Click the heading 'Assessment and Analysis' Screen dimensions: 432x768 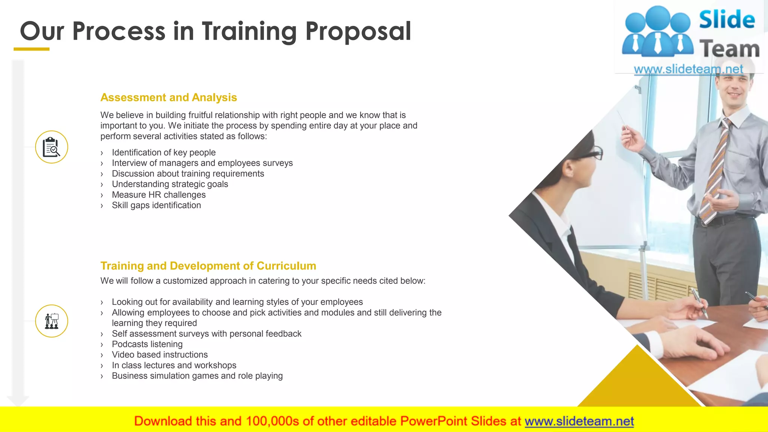[x=168, y=97]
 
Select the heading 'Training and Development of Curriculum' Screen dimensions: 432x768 [x=208, y=266]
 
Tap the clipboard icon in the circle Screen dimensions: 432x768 [x=52, y=147]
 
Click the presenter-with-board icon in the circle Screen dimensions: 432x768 [x=52, y=321]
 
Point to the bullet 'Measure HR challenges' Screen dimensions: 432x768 [x=159, y=195]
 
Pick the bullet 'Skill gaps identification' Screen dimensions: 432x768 [x=156, y=205]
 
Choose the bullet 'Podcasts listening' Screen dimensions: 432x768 [x=147, y=344]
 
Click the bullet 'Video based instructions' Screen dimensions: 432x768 [x=159, y=355]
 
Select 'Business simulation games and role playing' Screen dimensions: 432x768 [x=197, y=376]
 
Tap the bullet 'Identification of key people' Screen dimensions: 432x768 [x=163, y=153]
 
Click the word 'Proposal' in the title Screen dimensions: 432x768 [x=358, y=31]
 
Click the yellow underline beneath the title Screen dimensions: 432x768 [x=31, y=49]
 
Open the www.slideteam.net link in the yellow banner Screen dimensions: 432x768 [x=579, y=421]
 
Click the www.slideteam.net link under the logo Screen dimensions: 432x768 [x=688, y=69]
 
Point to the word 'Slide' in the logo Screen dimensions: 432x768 [x=727, y=20]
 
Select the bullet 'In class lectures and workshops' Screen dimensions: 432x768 [x=174, y=365]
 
